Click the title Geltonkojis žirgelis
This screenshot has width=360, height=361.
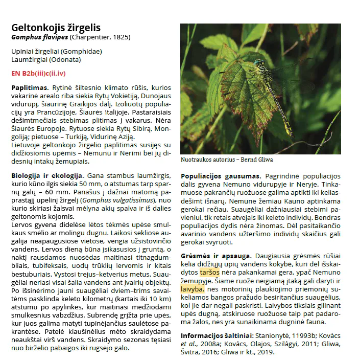coord(56,28)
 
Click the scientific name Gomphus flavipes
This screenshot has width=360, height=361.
coord(40,37)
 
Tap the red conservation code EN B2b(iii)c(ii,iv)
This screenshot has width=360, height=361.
coord(38,74)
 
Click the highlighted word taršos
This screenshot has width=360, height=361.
coord(210,272)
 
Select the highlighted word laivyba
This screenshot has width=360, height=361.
coord(192,289)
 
